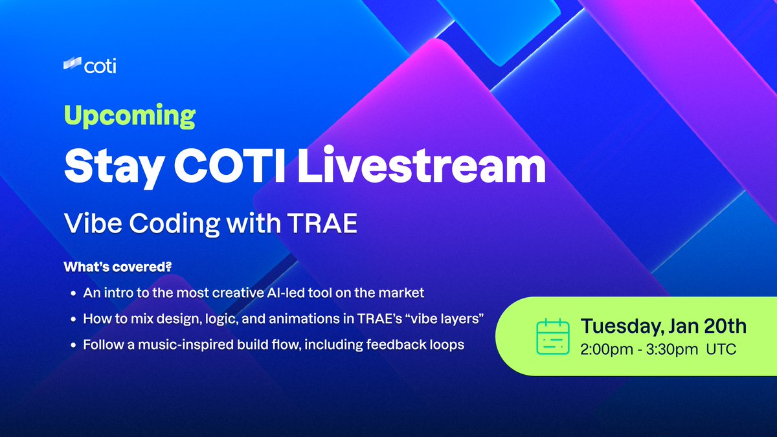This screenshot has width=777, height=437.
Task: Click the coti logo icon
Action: click(x=72, y=65)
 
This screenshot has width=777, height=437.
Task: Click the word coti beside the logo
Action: click(x=100, y=65)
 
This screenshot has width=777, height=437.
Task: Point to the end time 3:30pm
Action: click(x=674, y=350)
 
